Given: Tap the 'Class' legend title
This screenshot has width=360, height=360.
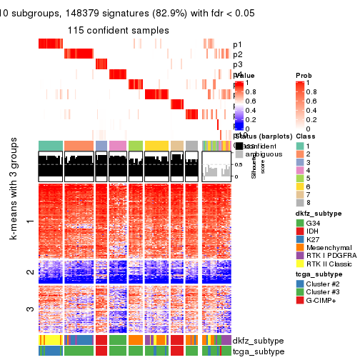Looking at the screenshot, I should (305, 135).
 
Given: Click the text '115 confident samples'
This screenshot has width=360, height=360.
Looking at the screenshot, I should (119, 31).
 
